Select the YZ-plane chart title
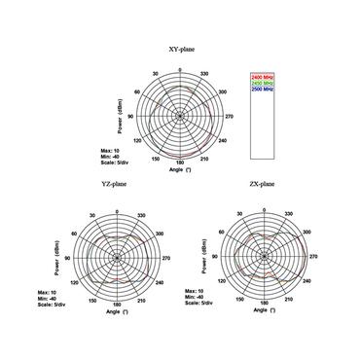click(113, 183)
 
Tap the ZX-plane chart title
click(264, 183)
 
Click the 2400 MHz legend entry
click(263, 77)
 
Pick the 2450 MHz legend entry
click(263, 83)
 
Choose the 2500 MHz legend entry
click(263, 89)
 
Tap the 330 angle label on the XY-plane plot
click(202, 72)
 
